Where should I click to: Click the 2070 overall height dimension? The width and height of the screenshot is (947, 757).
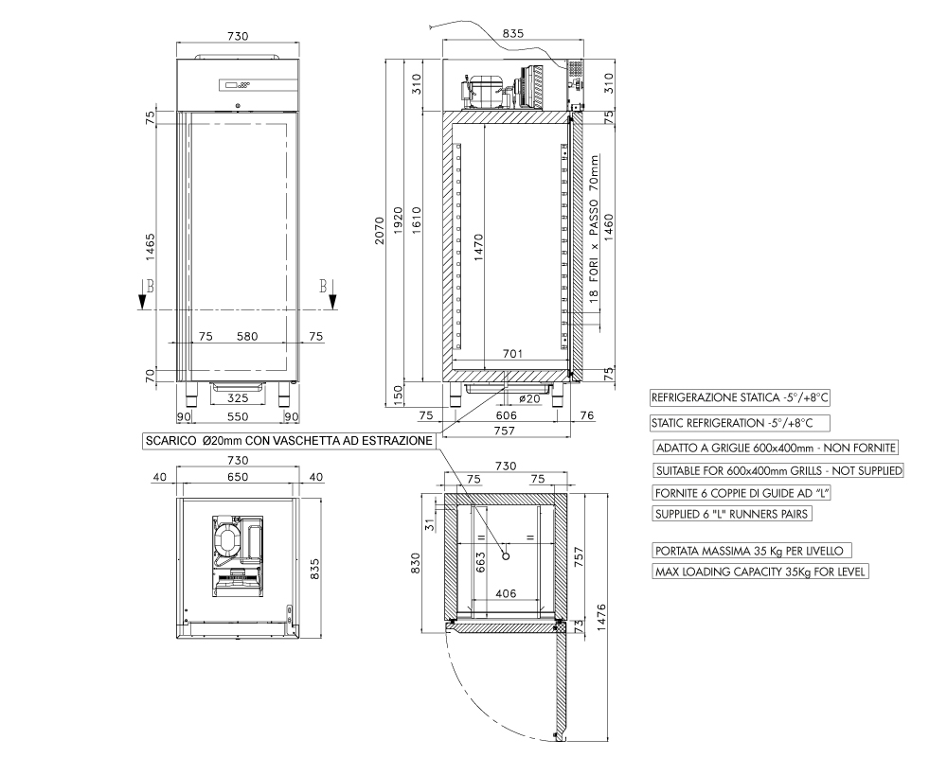point(380,230)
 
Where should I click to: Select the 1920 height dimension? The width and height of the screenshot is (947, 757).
point(398,221)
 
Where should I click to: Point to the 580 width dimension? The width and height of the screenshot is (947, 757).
point(247,336)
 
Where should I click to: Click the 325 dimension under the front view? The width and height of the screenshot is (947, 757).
point(238,397)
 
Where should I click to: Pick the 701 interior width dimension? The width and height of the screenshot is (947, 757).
point(512,354)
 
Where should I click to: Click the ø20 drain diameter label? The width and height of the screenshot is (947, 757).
point(529,398)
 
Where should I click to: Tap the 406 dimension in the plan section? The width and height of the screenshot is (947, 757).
point(506,593)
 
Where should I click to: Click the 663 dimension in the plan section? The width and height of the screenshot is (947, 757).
point(480,562)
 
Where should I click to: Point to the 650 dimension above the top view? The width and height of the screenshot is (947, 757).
point(238,477)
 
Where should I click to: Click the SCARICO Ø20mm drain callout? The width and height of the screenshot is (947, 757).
point(289,441)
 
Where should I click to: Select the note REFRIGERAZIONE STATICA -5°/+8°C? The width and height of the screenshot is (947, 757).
point(740,397)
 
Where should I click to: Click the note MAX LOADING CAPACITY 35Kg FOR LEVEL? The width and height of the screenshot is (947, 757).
point(760,572)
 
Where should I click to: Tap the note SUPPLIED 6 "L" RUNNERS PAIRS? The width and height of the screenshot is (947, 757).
point(732,514)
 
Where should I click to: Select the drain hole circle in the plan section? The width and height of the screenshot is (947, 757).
point(506,555)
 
